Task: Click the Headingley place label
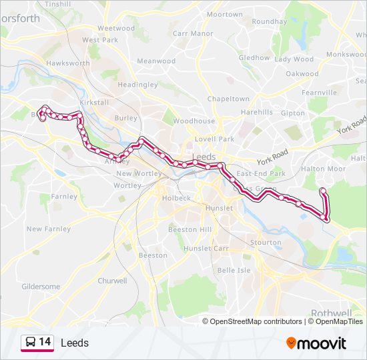(x=137, y=85)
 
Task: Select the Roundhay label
(x=269, y=21)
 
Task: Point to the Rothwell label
(x=331, y=313)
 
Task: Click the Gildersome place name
(x=41, y=287)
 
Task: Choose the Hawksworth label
(x=67, y=63)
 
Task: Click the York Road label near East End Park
(x=272, y=161)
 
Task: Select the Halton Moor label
(x=324, y=169)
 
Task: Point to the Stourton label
(x=265, y=243)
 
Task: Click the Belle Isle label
(x=234, y=270)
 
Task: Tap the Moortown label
(x=225, y=14)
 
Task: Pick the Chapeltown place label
(x=228, y=99)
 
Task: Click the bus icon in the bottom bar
(x=30, y=343)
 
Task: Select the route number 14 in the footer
(x=45, y=342)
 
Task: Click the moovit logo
(x=316, y=343)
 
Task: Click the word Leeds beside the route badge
(x=74, y=343)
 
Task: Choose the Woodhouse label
(x=194, y=121)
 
